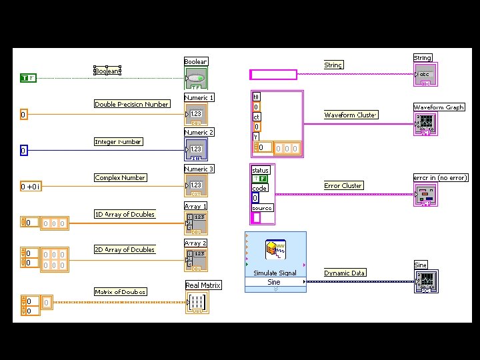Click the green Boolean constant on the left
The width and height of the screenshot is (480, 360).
click(28, 78)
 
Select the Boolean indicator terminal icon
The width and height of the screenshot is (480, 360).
click(196, 78)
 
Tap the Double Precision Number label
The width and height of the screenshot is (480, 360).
click(131, 104)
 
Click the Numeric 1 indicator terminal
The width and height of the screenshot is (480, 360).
click(196, 114)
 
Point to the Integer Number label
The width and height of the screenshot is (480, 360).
click(118, 141)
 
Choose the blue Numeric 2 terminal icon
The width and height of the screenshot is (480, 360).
click(196, 149)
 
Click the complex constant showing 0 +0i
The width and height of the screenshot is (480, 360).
click(31, 187)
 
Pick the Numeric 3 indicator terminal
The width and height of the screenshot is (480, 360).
click(196, 185)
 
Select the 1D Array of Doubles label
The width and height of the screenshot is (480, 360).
click(124, 214)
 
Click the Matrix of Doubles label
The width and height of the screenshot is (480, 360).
click(120, 291)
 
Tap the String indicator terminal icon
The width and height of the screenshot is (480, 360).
click(425, 74)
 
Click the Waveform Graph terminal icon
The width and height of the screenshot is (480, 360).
click(425, 123)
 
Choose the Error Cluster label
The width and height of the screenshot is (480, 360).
click(343, 185)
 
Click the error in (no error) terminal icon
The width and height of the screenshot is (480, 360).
click(425, 195)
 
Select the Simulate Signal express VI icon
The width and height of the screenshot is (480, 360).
click(275, 251)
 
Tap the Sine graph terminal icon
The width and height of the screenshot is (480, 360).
click(426, 281)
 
